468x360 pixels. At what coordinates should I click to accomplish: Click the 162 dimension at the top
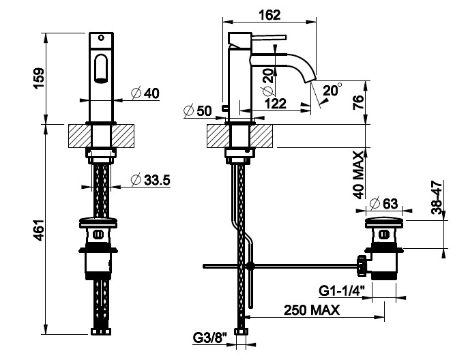click(269, 15)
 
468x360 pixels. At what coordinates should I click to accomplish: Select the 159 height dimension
click(39, 78)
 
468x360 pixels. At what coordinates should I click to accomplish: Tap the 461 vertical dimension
click(39, 230)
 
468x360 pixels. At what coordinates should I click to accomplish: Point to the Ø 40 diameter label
click(145, 93)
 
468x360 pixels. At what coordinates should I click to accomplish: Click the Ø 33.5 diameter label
click(150, 180)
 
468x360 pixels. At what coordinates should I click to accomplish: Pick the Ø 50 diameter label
click(198, 111)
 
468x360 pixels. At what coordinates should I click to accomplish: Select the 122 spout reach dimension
click(276, 104)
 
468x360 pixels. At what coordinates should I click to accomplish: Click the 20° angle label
click(332, 90)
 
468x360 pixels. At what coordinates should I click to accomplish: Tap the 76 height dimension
click(358, 102)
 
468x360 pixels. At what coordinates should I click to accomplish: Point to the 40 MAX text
click(358, 175)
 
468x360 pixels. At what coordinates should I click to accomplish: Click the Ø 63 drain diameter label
click(384, 204)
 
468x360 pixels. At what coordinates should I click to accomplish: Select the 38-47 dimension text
click(437, 198)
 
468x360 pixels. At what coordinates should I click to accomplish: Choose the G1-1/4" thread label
click(342, 290)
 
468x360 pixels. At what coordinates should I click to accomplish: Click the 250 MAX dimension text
click(312, 310)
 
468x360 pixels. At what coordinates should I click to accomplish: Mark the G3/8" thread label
click(210, 338)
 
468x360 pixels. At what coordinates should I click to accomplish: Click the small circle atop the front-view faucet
click(102, 37)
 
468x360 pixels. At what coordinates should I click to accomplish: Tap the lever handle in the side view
click(269, 37)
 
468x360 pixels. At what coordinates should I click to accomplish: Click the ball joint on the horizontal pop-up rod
click(250, 266)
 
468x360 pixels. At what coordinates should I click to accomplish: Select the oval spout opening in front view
click(102, 68)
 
